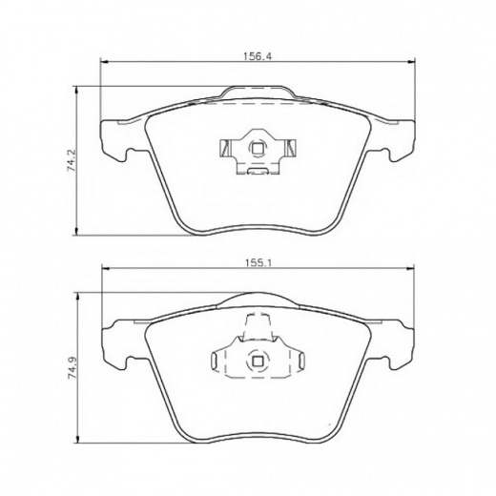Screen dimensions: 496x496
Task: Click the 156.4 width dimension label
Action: click(x=258, y=56)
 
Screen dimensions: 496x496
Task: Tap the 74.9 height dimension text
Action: click(x=72, y=369)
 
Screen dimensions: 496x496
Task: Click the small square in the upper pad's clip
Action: click(x=257, y=149)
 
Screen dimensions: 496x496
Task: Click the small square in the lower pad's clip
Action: click(x=257, y=361)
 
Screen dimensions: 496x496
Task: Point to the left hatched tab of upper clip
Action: click(x=225, y=149)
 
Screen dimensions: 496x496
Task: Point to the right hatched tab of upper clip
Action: click(x=291, y=149)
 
